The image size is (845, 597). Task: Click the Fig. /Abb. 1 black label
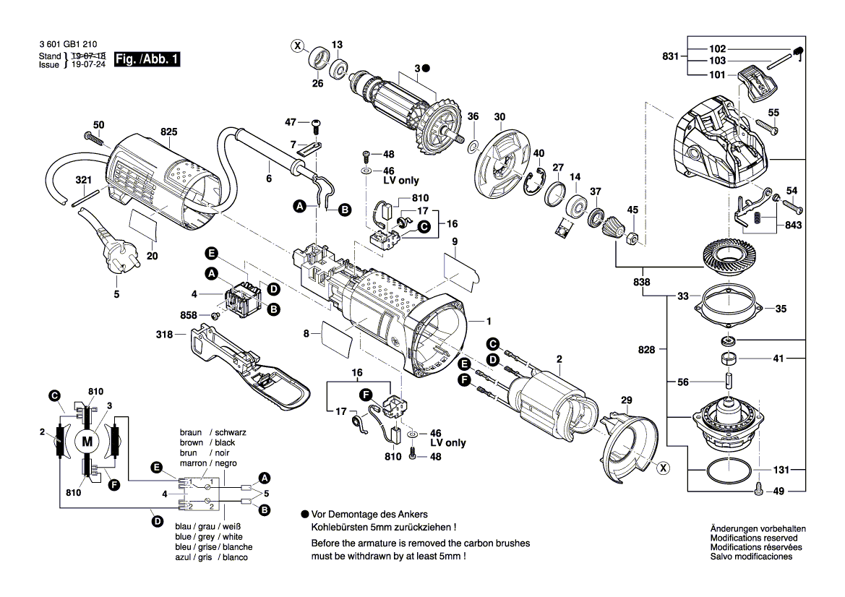tap(146, 61)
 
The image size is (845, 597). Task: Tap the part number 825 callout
tap(169, 132)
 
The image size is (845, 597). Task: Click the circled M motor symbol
tap(87, 442)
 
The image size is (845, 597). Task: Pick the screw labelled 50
tap(95, 137)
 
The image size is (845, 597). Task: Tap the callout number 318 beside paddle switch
tap(164, 335)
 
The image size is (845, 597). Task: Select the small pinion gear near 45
tap(611, 231)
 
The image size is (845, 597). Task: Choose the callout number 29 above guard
tap(627, 400)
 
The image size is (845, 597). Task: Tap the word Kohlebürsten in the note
tap(341, 528)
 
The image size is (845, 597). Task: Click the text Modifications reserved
tap(753, 538)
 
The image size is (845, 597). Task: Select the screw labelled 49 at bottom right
tap(758, 489)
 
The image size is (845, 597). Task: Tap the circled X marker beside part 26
tap(297, 46)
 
